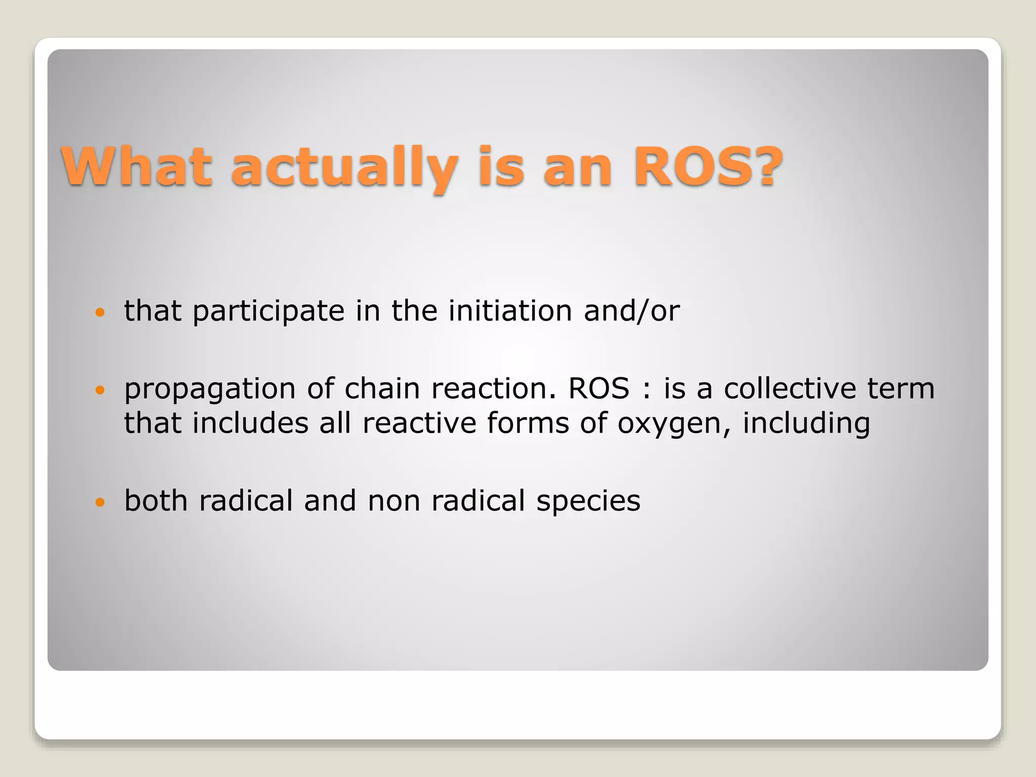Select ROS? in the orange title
point(708,166)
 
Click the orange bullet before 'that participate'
point(100,312)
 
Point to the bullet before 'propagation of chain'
point(100,390)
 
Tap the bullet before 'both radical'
point(100,502)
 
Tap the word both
point(155,500)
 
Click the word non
point(394,500)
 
